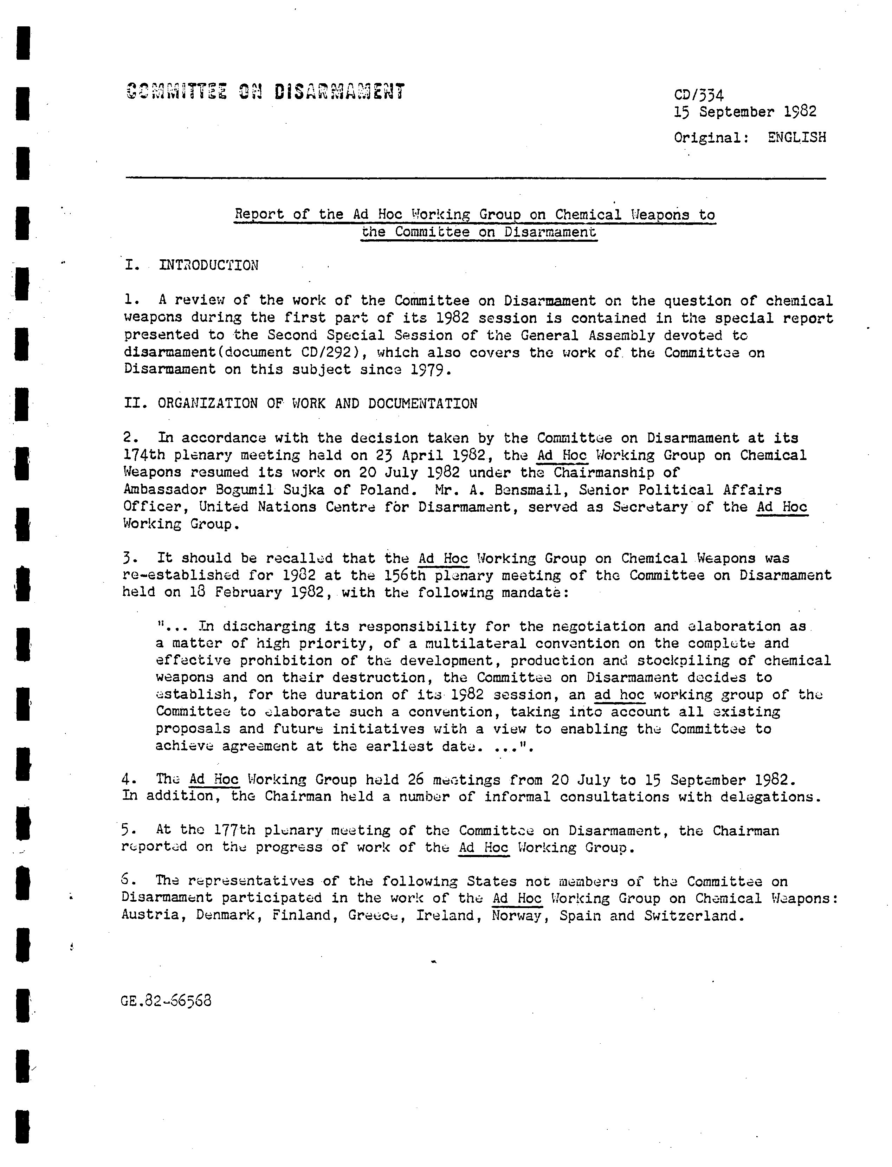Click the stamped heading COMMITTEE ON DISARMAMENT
(265, 92)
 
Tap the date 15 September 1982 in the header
(745, 112)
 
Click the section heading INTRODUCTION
(209, 265)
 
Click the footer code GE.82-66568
(166, 1001)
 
